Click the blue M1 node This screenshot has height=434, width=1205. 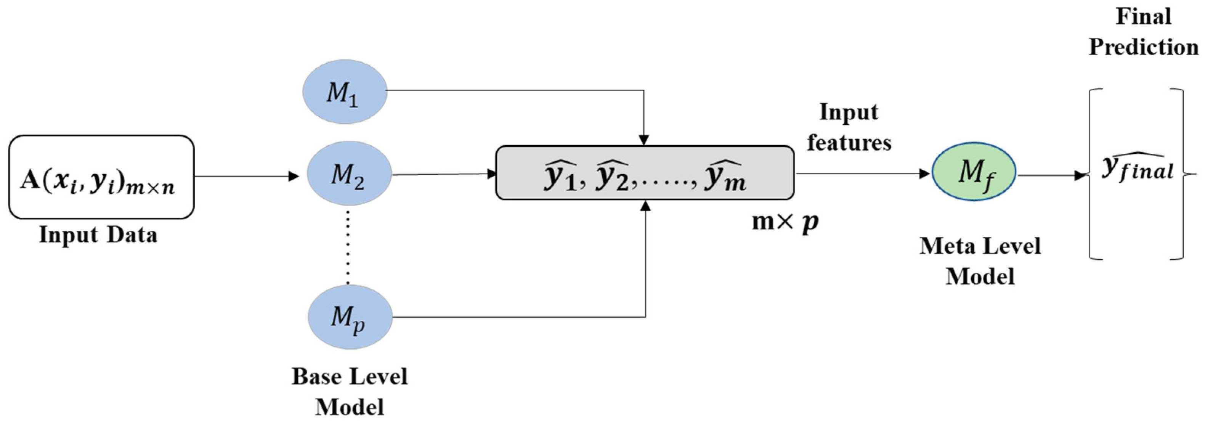coord(345,92)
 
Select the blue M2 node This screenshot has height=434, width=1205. coord(349,174)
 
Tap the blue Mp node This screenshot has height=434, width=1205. coord(350,317)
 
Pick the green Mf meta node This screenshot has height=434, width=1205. coord(974,172)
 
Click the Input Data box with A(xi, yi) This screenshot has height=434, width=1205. coord(101,177)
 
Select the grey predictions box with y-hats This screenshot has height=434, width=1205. coord(645,173)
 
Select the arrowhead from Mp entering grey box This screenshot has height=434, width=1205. coord(645,206)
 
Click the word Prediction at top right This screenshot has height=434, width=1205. coord(1143,47)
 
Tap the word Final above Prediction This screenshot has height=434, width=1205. coord(1143,17)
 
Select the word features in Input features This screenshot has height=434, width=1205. coord(849,142)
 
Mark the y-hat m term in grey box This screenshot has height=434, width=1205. coord(725,177)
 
